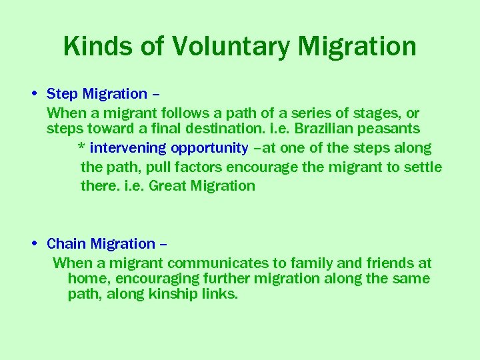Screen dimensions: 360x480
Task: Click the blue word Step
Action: [x=62, y=95]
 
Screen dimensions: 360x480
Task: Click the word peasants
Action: [x=391, y=129]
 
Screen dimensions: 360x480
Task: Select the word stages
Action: [x=364, y=113]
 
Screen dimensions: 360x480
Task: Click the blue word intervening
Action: [x=128, y=148]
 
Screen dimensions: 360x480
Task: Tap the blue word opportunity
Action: [x=209, y=148]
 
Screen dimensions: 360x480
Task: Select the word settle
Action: [x=421, y=167]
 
